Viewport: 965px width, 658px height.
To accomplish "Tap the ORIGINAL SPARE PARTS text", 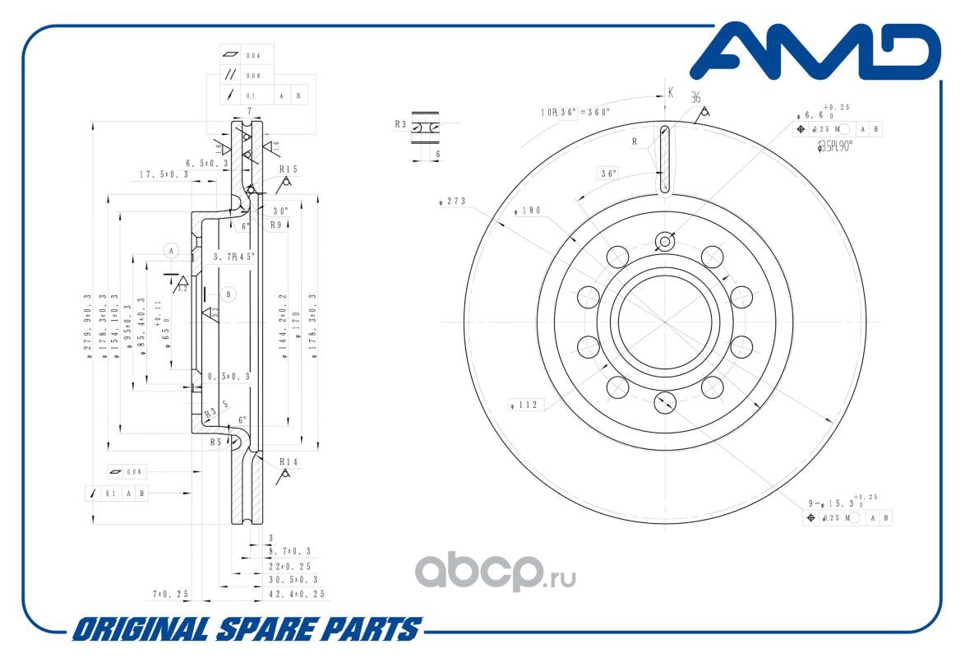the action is [246, 630].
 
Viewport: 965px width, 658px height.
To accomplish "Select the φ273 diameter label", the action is [453, 200].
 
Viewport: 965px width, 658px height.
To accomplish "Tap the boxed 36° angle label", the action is [608, 174].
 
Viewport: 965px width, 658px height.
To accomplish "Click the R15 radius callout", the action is [289, 169].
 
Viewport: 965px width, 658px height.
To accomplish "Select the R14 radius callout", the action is [289, 462].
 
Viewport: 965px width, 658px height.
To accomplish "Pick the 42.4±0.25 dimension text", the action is [297, 594].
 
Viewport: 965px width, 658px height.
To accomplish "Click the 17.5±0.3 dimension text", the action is [164, 175].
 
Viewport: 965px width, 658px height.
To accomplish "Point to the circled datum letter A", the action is [171, 249].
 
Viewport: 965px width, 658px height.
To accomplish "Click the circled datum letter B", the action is [229, 294].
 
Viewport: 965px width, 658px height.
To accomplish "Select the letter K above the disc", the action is [671, 93].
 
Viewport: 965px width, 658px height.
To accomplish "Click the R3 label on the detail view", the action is [400, 124].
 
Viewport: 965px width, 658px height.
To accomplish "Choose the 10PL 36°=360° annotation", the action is [575, 112].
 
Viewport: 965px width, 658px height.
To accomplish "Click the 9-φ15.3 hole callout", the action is [830, 502].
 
